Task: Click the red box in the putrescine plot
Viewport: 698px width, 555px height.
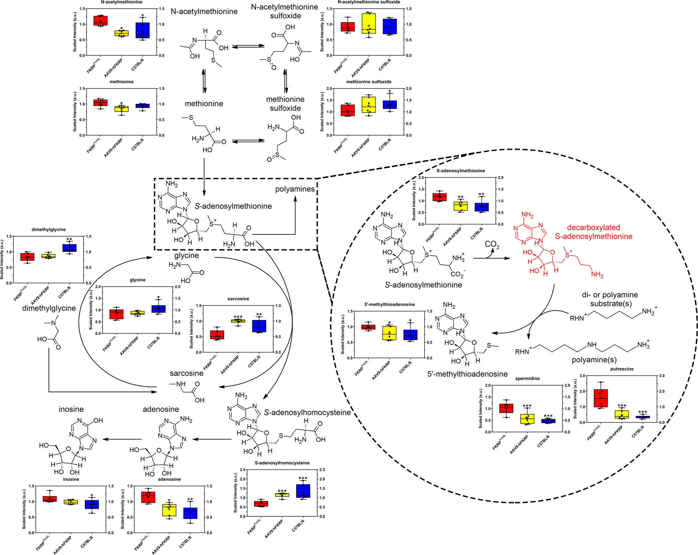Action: point(600,398)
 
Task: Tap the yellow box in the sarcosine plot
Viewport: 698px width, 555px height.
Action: point(238,321)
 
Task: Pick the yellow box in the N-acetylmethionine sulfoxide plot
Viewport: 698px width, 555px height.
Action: point(369,23)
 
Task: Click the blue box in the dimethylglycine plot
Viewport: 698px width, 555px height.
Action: point(69,248)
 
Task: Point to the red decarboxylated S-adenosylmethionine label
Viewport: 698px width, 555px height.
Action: point(593,232)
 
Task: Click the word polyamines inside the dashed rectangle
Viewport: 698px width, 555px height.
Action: point(295,189)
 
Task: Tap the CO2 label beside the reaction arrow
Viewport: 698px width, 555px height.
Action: point(492,244)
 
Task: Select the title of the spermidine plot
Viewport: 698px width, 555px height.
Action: point(527,379)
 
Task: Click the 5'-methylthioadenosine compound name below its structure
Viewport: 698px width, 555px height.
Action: point(467,374)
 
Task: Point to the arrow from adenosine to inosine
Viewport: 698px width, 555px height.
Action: point(122,439)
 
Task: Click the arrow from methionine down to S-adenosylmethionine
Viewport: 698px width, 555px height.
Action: point(204,176)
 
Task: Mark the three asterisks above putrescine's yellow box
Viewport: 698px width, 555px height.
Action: point(622,406)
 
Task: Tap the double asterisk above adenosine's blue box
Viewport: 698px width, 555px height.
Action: point(190,499)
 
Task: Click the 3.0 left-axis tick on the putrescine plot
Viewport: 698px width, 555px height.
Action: point(582,376)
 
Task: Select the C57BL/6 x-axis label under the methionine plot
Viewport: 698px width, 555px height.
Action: point(138,144)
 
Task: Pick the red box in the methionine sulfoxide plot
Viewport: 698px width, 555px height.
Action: point(348,110)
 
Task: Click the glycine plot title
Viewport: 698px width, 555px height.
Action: point(138,280)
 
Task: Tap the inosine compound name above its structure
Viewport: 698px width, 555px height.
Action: point(71,409)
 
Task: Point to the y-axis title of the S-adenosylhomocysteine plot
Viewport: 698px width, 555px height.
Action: point(235,493)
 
